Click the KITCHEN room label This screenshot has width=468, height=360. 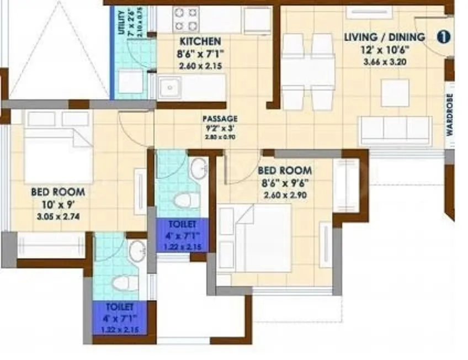200,41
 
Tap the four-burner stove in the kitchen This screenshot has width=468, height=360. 187,19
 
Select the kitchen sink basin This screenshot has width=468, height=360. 171,87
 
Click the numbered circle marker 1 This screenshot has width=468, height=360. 443,37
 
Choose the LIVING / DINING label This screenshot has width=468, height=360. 385,38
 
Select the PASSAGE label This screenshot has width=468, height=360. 220,119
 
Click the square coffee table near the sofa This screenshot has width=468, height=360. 395,92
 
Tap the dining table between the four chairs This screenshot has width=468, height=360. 308,71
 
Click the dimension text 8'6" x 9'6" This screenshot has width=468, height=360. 285,183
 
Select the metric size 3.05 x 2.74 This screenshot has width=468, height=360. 57,217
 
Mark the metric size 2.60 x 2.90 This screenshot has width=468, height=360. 285,195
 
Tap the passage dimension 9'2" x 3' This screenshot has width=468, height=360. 220,128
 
